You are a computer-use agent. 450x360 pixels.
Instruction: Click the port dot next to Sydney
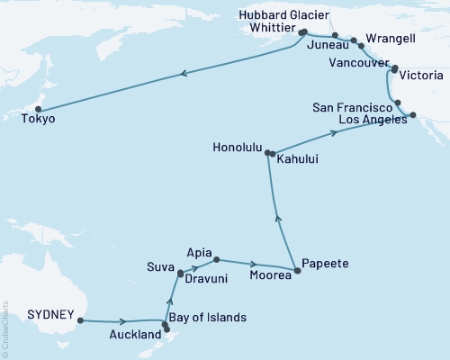point(81,319)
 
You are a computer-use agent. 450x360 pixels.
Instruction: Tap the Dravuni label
point(208,279)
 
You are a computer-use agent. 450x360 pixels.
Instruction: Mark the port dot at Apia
point(216,260)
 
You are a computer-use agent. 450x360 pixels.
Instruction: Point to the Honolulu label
point(238,145)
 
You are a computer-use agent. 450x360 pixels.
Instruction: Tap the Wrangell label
point(397,41)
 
